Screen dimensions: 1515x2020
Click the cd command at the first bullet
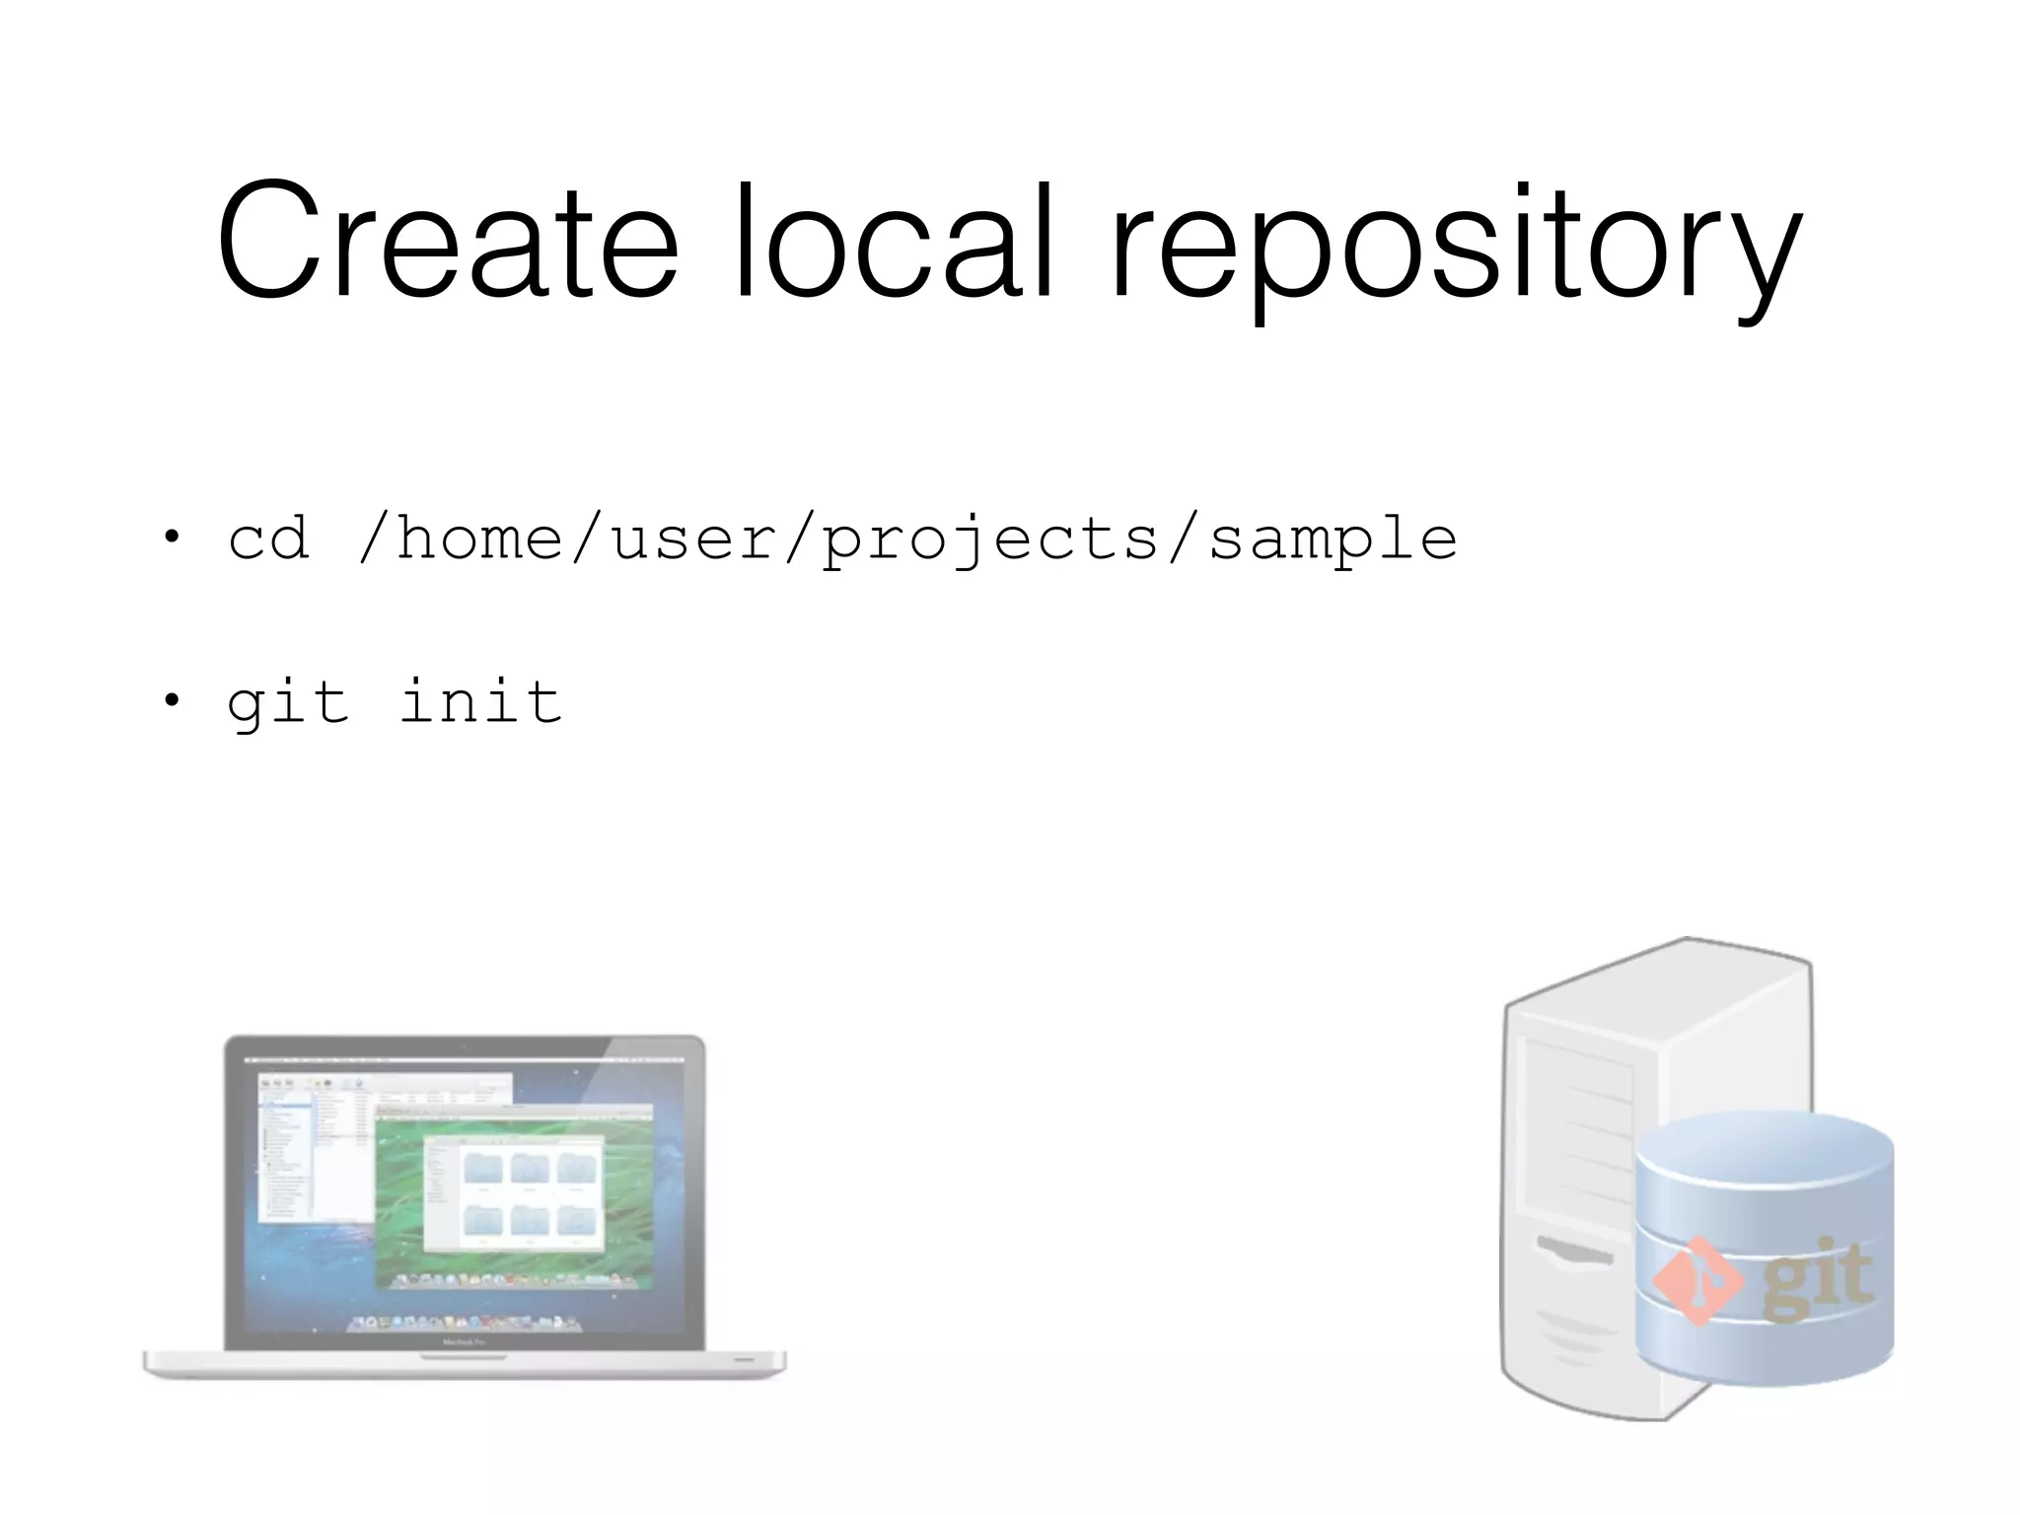click(268, 539)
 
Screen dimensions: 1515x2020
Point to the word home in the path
click(479, 539)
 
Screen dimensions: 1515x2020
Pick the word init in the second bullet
click(480, 702)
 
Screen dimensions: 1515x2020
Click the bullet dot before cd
click(173, 538)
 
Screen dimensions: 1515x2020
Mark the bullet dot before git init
click(173, 700)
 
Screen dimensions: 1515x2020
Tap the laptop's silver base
click(464, 1363)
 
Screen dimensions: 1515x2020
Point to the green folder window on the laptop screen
click(513, 1193)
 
